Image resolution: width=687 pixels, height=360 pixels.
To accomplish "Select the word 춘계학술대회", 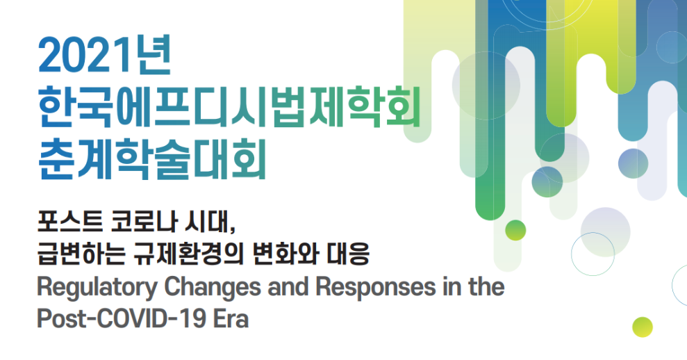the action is pos(152,158).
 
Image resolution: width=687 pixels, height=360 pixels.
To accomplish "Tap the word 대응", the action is pos(348,254).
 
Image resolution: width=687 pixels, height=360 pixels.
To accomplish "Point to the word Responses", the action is pos(376,287).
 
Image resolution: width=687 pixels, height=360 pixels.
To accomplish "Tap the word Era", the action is pos(231,319).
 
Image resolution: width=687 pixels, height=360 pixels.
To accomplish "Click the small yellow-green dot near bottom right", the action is pos(643,327).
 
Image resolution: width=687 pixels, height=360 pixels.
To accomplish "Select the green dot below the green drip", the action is pos(515,230).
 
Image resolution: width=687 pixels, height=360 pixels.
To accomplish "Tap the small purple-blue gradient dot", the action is pos(633,163).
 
